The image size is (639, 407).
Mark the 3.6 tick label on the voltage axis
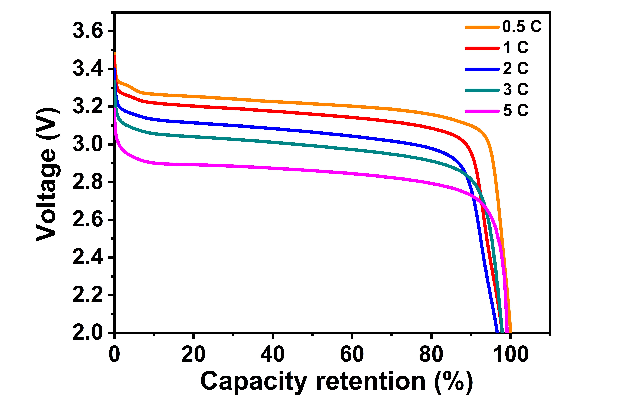[x=88, y=31]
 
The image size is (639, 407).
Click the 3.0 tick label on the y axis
[x=88, y=144]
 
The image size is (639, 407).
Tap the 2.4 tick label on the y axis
[x=88, y=257]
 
